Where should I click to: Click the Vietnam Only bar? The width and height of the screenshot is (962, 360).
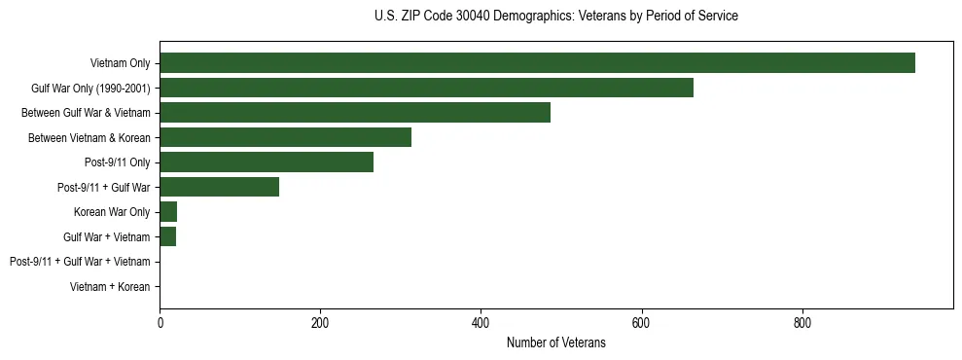537,63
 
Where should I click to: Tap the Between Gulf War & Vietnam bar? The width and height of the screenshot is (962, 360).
355,113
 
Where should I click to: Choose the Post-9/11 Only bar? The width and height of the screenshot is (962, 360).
267,162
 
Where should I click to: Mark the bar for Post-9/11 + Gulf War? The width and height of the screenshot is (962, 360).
219,187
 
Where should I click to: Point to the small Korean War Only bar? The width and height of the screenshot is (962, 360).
168,212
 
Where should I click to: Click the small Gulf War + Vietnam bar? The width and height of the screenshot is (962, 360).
167,236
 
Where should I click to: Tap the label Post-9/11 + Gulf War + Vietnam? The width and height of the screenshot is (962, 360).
79,262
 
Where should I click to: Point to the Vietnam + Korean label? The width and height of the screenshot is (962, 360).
110,287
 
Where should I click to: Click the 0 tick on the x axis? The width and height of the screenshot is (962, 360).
160,323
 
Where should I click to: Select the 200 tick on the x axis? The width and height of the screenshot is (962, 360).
320,323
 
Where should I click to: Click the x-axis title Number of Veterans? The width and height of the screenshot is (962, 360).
555,342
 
